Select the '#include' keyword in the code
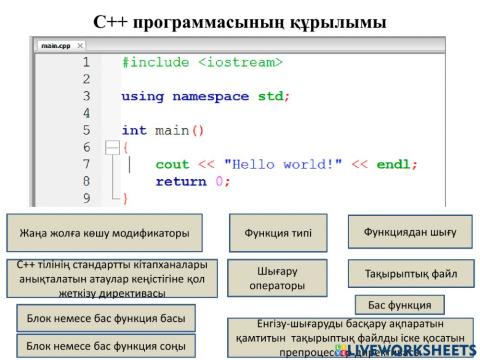coord(155,62)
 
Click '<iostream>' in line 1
coord(240,62)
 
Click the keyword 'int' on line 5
coord(134,130)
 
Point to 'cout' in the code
coord(172,164)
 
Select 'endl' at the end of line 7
coord(395,164)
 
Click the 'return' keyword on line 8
coord(183,181)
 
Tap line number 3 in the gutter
coord(86,96)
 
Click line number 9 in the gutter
coord(86,198)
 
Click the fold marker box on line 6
coord(112,147)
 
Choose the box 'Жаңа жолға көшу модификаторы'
coord(105,233)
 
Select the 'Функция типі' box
coord(278,233)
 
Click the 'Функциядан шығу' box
coord(409,231)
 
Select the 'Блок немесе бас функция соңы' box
coord(105,346)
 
